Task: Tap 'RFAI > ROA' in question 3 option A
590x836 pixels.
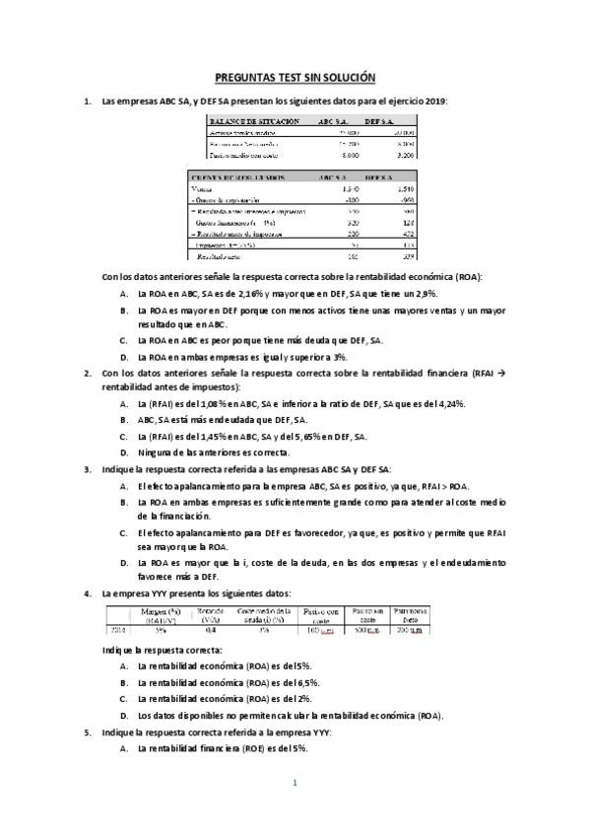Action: (x=446, y=486)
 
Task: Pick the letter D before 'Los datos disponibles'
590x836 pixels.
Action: (x=123, y=714)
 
